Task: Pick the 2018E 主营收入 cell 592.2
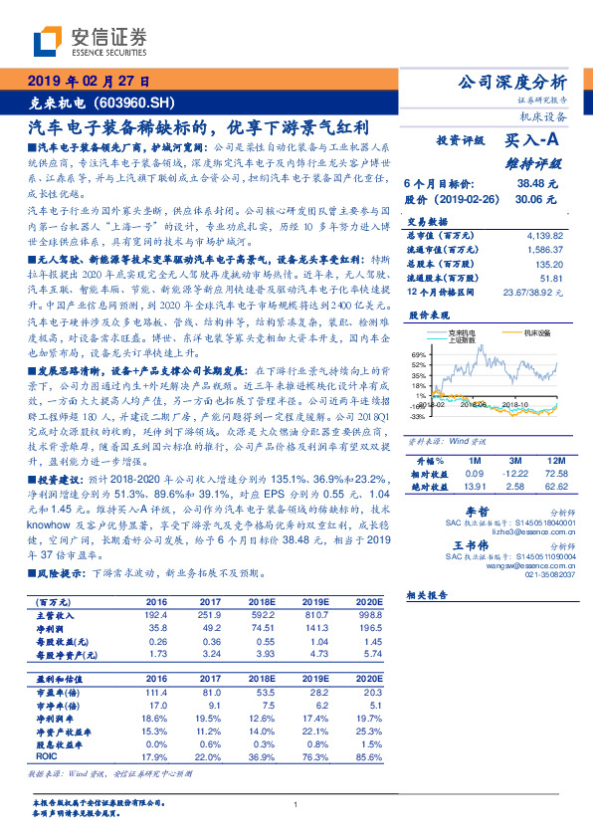click(261, 615)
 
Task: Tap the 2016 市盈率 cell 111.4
click(154, 692)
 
